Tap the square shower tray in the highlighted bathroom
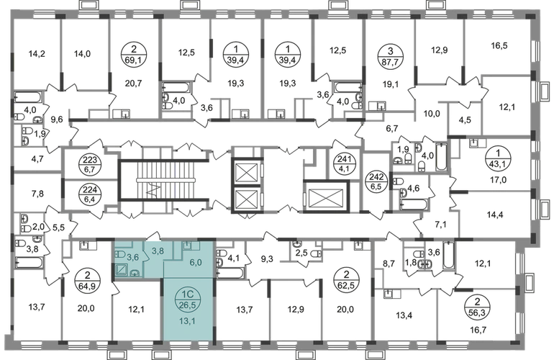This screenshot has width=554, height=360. (x=122, y=270)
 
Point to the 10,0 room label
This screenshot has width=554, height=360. (x=432, y=114)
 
